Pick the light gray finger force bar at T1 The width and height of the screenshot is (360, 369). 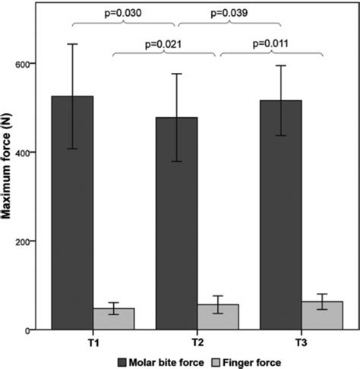113,319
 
